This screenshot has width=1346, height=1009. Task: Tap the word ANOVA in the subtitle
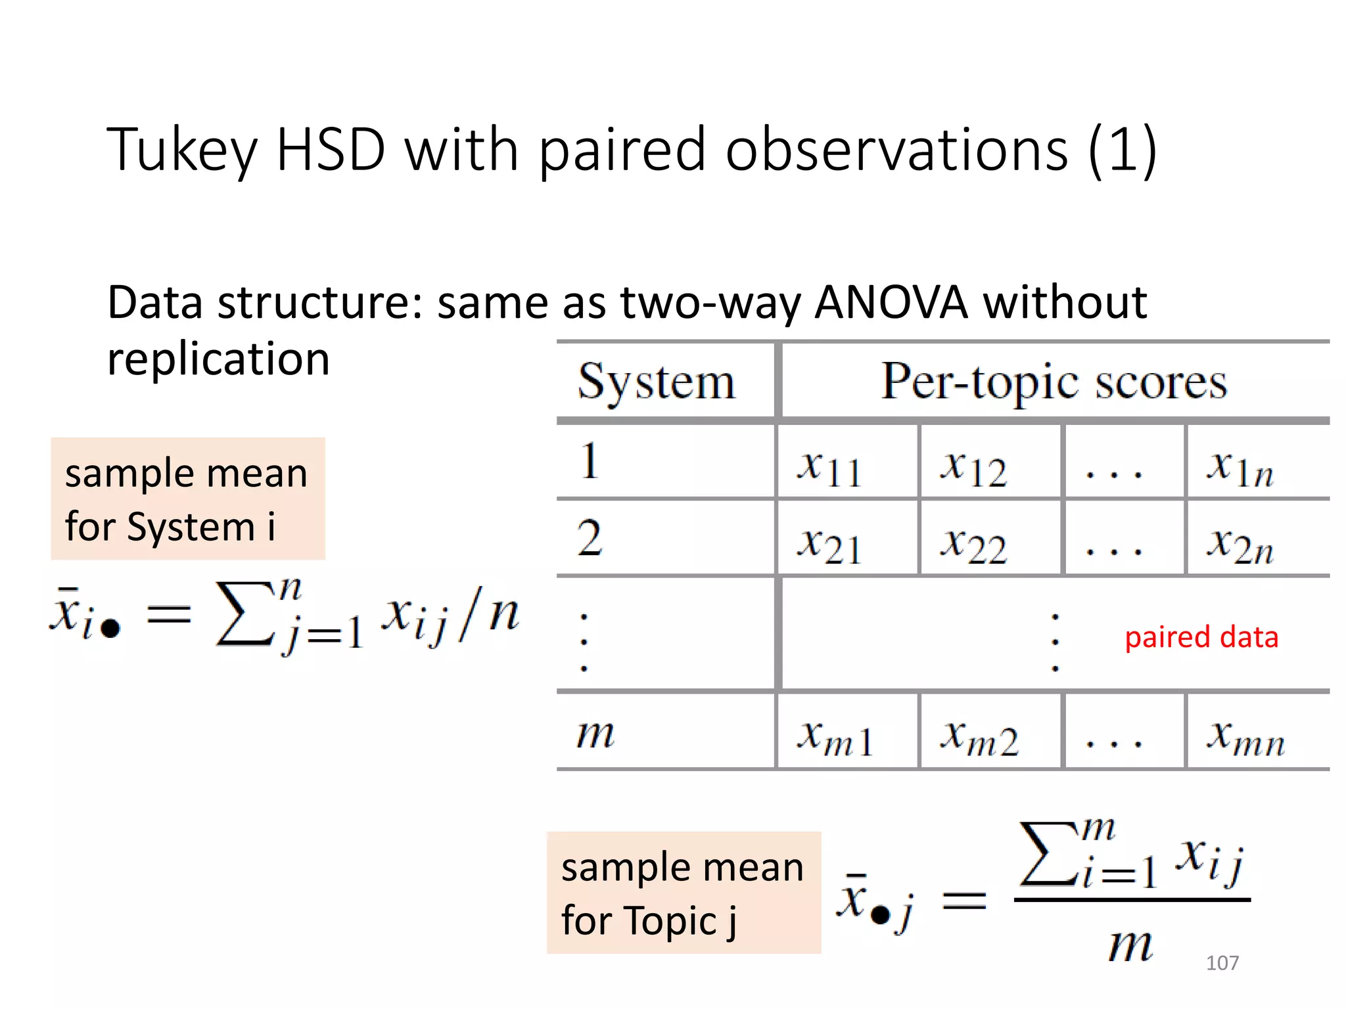pyautogui.click(x=891, y=303)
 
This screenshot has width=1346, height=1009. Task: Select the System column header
pyautogui.click(x=657, y=382)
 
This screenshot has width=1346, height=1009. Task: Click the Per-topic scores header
pyautogui.click(x=1054, y=382)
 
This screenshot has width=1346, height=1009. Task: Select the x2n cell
pyautogui.click(x=1240, y=545)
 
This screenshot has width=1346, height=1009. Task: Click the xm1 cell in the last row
pyautogui.click(x=835, y=736)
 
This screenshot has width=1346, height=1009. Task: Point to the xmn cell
pyautogui.click(x=1245, y=736)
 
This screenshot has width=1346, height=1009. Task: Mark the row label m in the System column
pyautogui.click(x=595, y=734)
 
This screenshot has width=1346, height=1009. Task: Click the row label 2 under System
pyautogui.click(x=590, y=538)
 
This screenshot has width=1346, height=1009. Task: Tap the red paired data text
pyautogui.click(x=1201, y=637)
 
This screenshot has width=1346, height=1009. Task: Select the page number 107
pyautogui.click(x=1222, y=963)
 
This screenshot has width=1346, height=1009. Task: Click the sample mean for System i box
pyautogui.click(x=188, y=499)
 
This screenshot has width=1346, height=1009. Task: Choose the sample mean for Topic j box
pyautogui.click(x=684, y=893)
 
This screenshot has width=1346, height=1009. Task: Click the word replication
pyautogui.click(x=218, y=359)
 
